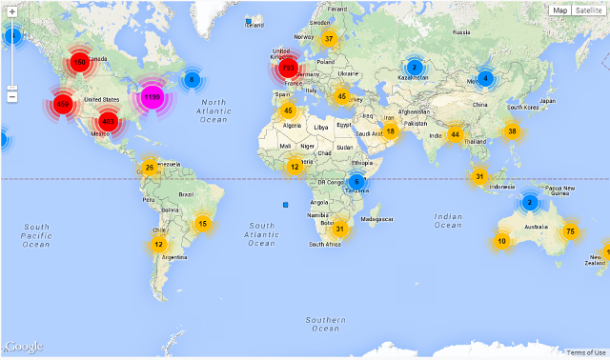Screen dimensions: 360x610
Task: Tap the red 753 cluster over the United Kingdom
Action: point(288,69)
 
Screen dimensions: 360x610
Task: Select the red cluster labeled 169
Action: point(79,64)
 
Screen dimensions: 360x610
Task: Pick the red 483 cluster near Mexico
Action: point(108,121)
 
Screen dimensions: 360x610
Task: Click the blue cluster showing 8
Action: point(192,80)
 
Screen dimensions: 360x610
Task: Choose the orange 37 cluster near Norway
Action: point(329,39)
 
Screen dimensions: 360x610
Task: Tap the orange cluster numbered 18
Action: point(390,130)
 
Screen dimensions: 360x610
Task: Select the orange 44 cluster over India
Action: point(456,134)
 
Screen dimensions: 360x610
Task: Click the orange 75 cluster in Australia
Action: point(570,231)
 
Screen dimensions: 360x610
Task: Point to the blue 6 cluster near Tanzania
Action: point(356,182)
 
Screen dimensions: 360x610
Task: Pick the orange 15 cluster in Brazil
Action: point(201,224)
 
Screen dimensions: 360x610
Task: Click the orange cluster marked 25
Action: point(149,169)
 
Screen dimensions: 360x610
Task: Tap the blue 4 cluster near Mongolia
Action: point(485,78)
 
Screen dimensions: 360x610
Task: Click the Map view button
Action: point(559,10)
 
